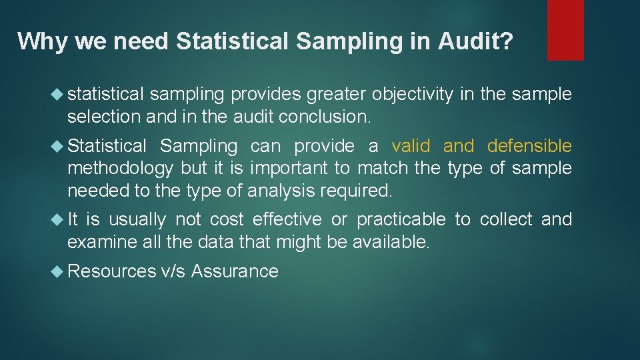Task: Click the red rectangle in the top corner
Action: [565, 29]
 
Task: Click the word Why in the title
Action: [43, 41]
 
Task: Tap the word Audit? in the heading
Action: [475, 41]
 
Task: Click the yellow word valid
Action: [412, 146]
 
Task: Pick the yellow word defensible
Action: [529, 146]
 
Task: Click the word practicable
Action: [401, 219]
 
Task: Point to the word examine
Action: [103, 241]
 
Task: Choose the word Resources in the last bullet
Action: [111, 271]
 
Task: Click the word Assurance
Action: [235, 271]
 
